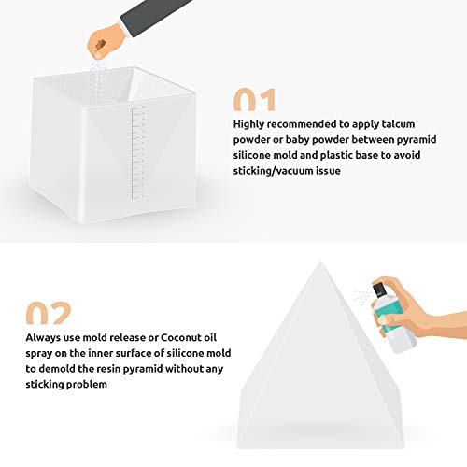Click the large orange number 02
click(50, 314)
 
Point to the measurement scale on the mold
click(141, 140)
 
